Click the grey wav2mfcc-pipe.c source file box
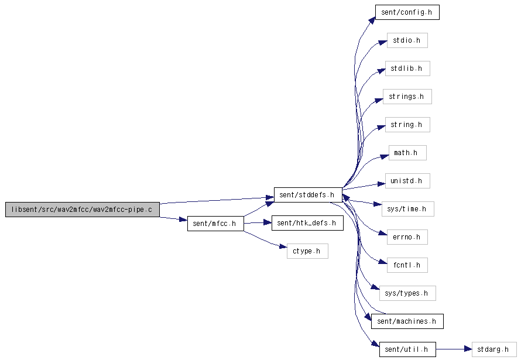coord(83,210)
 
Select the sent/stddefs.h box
coord(308,195)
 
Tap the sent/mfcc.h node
coord(215,224)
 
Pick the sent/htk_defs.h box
coord(307,223)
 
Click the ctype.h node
coord(307,251)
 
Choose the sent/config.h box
coord(407,12)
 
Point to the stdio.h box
coord(407,40)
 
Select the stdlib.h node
coord(407,68)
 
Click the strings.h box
coord(407,97)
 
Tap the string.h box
coord(407,125)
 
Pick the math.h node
coord(407,153)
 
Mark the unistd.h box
coord(407,181)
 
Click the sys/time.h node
coord(407,209)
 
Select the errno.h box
coord(407,237)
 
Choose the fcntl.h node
coord(407,265)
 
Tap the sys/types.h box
coord(407,293)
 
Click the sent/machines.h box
coord(407,321)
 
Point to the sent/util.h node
coord(407,349)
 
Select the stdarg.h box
coord(494,349)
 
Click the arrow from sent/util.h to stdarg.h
coord(454,349)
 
